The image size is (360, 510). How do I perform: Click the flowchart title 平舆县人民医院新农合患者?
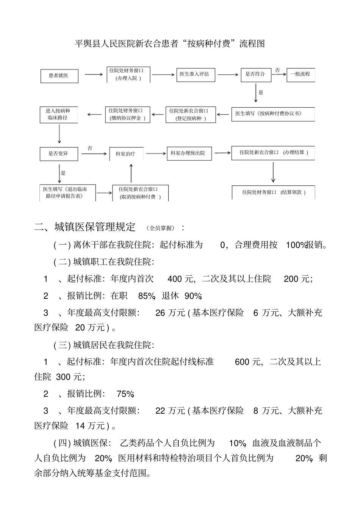[170, 44]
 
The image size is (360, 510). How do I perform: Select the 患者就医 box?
[59, 76]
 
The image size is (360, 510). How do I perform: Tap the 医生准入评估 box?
[195, 74]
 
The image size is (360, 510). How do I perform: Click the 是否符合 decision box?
[256, 74]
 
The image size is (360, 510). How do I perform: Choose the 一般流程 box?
[301, 74]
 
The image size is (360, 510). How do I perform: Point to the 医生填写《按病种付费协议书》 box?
[272, 114]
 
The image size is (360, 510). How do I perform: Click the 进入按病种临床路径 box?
[59, 115]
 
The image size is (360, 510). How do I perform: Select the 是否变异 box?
[59, 154]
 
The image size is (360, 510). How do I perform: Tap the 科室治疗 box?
[126, 154]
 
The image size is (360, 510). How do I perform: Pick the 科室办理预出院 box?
[188, 153]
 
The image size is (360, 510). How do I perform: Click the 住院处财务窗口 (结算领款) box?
[273, 192]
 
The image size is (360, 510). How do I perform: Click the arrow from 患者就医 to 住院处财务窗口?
[93, 75]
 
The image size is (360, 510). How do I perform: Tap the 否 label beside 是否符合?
[277, 71]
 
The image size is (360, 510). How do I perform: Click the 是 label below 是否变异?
[63, 173]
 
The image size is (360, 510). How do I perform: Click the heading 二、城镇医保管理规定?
[85, 228]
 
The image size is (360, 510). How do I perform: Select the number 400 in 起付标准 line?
[175, 279]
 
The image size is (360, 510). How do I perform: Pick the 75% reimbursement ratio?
[125, 394]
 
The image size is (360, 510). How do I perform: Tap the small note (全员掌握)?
[162, 228]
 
